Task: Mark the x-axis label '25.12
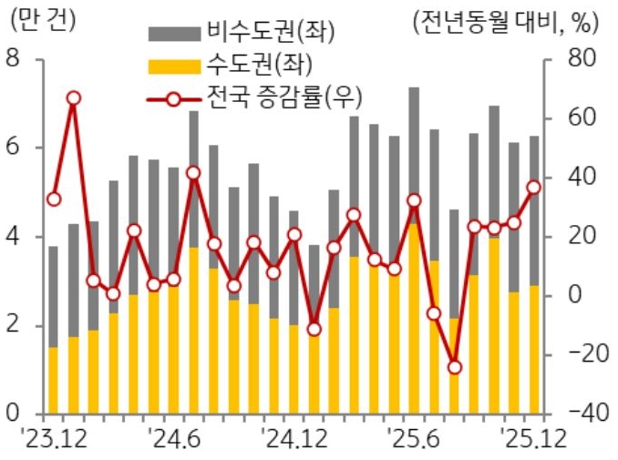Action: coord(533,439)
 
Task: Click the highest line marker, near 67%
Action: coord(73,97)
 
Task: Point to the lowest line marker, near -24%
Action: coord(455,367)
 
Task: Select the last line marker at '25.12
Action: coord(534,187)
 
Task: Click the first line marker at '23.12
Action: coord(53,199)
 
